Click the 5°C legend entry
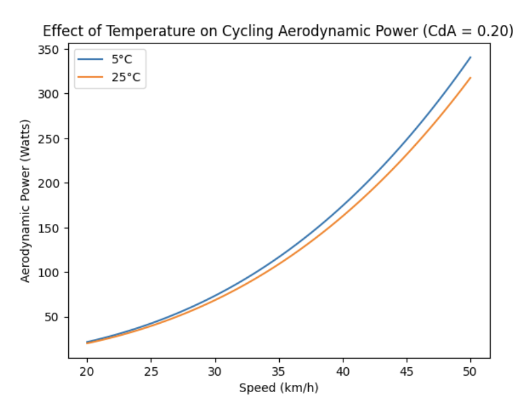121,61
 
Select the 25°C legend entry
124,77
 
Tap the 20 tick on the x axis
87,371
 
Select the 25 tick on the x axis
151,371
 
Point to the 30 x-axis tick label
215,371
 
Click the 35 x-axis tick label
279,371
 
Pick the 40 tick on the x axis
343,371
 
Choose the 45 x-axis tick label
407,371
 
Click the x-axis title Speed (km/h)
279,388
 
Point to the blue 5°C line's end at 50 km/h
470,57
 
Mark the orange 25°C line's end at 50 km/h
470,77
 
